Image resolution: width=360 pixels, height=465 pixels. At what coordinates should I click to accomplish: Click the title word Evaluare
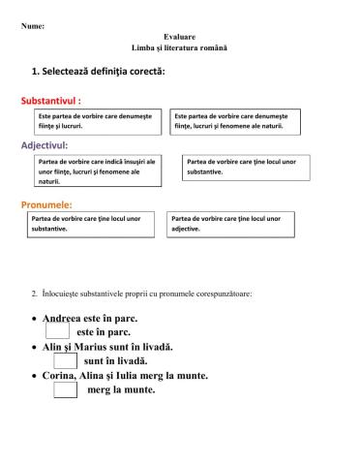point(180,36)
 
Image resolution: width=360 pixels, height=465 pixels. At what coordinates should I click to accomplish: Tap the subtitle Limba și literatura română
point(180,47)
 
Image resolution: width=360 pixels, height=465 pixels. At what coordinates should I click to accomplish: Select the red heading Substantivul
point(50,100)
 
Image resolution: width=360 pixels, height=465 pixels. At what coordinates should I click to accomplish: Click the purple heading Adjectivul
point(44,145)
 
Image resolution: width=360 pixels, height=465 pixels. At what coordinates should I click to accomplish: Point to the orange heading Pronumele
point(46,204)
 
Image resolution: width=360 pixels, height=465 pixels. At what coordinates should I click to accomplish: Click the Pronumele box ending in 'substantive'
point(92,224)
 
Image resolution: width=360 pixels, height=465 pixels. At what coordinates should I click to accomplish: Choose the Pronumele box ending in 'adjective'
point(232,224)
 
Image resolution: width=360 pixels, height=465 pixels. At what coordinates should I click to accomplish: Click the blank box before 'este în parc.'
point(57,330)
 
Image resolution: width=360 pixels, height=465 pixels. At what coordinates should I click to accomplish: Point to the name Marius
point(105,346)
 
